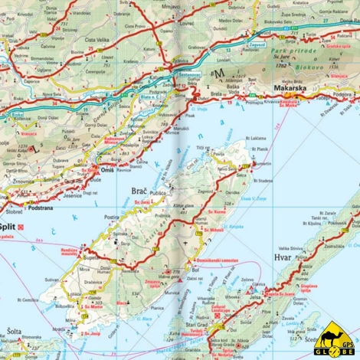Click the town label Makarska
pyautogui.click(x=290, y=87)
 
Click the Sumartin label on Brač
pyautogui.click(x=261, y=165)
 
